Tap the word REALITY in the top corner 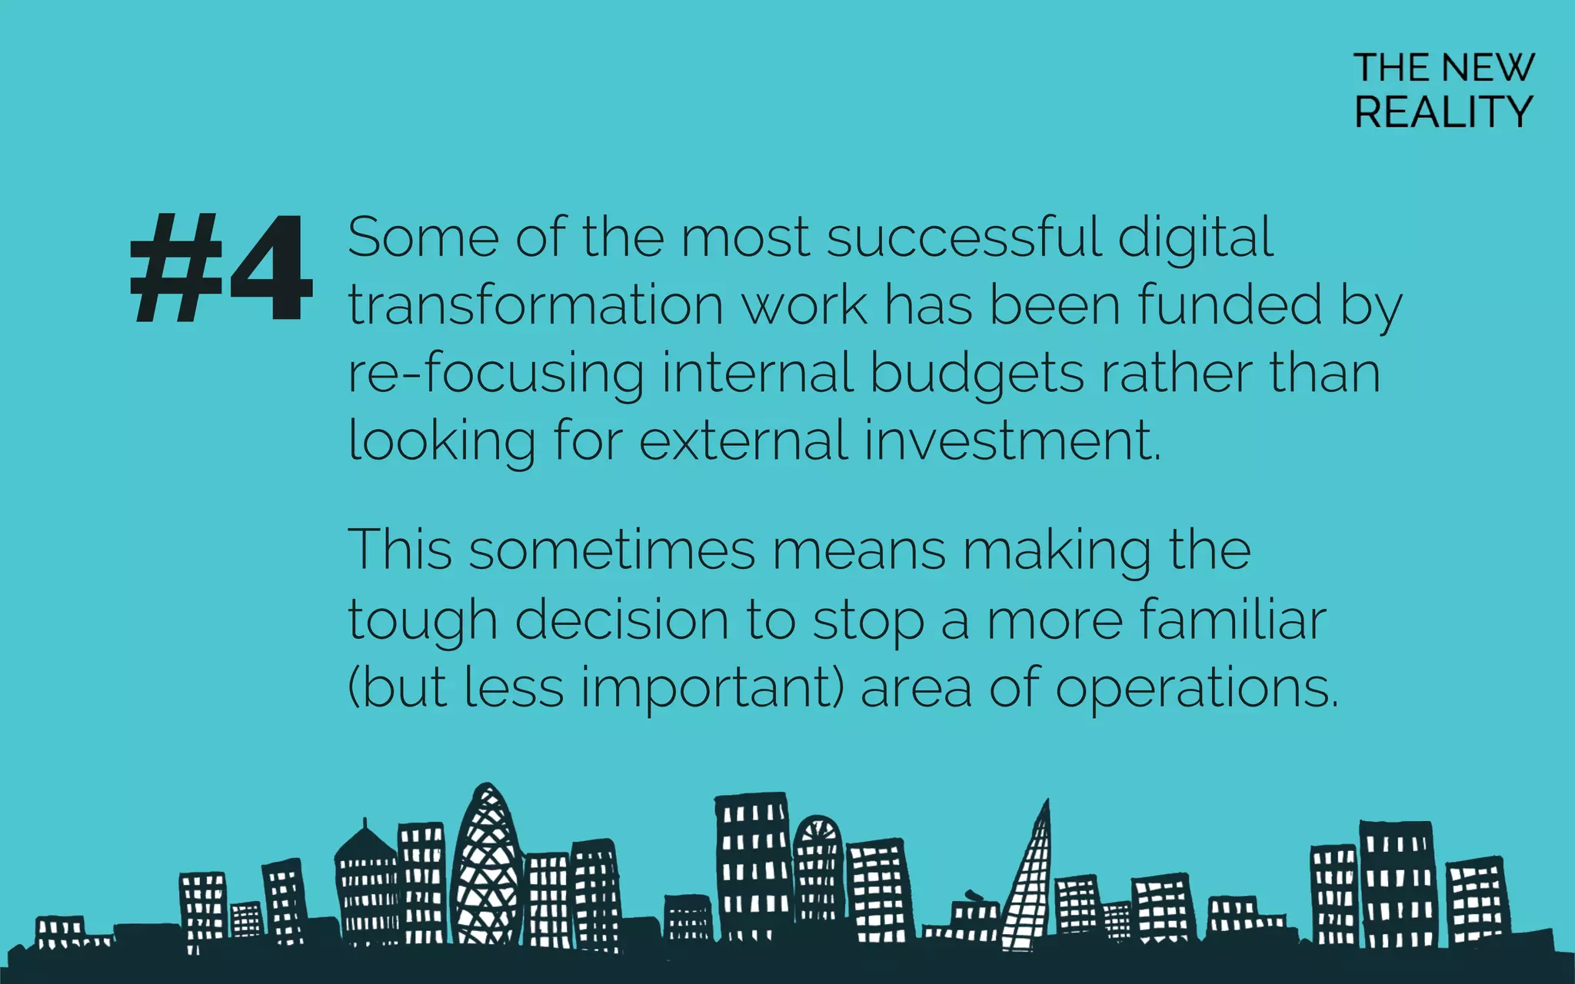click(1443, 112)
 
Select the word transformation click(536, 305)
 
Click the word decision click(621, 620)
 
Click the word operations click(1197, 688)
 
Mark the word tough click(422, 620)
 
